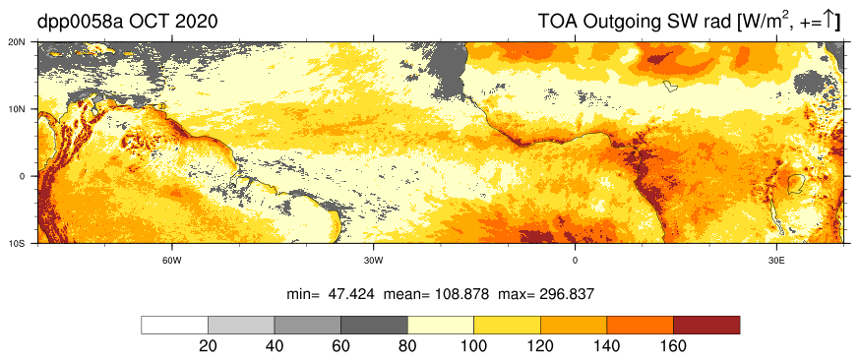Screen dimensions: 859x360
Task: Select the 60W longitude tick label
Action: tap(171, 261)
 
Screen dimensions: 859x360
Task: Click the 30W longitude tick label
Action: tap(373, 261)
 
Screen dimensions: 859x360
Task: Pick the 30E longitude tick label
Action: tap(775, 261)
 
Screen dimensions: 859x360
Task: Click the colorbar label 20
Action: tap(208, 346)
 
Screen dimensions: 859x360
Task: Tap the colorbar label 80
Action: tap(407, 346)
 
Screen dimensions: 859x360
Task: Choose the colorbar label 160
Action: tap(673, 346)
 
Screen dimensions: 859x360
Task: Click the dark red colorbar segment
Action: tap(706, 325)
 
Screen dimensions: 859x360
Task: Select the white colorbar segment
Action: tap(175, 325)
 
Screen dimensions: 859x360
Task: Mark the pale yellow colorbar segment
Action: tap(441, 325)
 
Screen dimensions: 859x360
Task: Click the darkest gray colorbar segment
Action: tap(374, 325)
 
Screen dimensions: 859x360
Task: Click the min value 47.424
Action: tap(351, 294)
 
